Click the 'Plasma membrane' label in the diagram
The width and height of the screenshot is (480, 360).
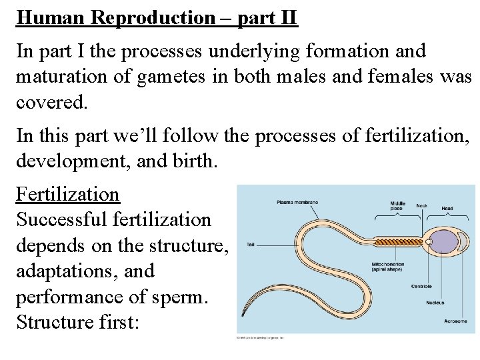(298, 202)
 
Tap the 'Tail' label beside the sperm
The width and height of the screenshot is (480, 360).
(251, 245)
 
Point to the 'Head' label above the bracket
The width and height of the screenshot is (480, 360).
(447, 209)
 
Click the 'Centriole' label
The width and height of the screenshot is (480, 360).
(421, 287)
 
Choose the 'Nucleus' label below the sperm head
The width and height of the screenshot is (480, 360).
(435, 303)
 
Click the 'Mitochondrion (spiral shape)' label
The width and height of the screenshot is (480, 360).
(389, 268)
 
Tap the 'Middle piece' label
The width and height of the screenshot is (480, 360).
(398, 206)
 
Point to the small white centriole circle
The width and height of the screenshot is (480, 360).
(430, 241)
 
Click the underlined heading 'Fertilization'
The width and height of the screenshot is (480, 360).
(67, 194)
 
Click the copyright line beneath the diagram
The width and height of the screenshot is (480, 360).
(260, 338)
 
